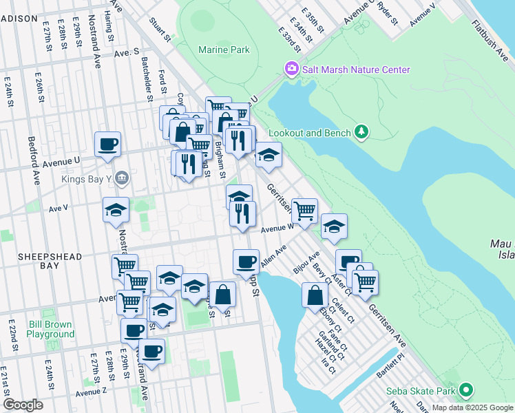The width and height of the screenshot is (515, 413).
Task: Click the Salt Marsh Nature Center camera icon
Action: pos(292,69)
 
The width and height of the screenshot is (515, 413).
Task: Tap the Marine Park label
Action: pos(223,50)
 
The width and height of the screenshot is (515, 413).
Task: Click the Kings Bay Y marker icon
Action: pos(122,178)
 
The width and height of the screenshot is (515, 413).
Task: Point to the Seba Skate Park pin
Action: pos(466,390)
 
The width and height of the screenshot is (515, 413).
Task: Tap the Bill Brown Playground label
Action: pos(51,329)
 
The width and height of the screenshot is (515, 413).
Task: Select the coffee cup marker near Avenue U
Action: pos(107,144)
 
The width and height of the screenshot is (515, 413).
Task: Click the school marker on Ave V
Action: pos(116,210)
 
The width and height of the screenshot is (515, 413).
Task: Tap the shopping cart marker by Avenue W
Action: pos(304,209)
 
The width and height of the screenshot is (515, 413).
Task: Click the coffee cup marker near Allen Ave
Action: pos(246,261)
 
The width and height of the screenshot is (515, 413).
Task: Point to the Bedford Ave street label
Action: pos(34,165)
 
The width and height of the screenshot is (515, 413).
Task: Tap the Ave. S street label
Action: pos(127,52)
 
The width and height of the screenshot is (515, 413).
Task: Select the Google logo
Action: pos(23,405)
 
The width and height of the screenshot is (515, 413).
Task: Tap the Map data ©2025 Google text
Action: pos(472,407)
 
